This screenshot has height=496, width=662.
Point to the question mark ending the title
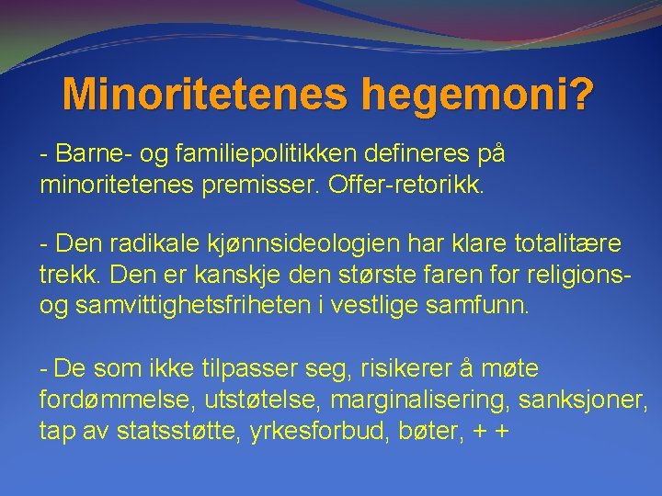[582, 93]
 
